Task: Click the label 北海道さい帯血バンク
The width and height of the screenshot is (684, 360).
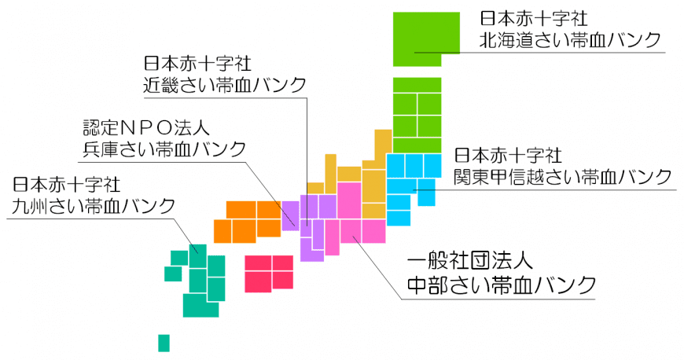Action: [571, 40]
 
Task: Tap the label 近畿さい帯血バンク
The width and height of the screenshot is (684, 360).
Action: [225, 85]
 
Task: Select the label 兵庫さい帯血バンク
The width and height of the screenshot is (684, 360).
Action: [165, 149]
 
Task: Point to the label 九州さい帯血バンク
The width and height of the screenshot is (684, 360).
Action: [94, 205]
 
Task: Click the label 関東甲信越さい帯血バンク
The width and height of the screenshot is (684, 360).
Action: [563, 177]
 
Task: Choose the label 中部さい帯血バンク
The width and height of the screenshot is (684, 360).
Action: [502, 285]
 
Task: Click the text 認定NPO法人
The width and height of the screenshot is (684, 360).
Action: [146, 128]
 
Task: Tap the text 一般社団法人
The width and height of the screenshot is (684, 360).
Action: [470, 262]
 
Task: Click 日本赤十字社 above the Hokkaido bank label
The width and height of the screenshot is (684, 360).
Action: [534, 19]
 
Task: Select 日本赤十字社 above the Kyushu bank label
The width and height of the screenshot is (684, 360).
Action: [66, 185]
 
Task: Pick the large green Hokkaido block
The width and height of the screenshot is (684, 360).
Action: [426, 39]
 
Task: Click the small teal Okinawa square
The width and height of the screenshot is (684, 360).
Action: [164, 343]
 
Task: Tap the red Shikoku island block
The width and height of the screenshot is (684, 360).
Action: [269, 274]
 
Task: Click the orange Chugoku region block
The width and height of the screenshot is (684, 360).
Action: [248, 222]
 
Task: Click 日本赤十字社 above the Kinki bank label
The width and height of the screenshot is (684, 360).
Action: [197, 64]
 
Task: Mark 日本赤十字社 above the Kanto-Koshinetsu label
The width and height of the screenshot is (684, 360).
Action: [508, 156]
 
